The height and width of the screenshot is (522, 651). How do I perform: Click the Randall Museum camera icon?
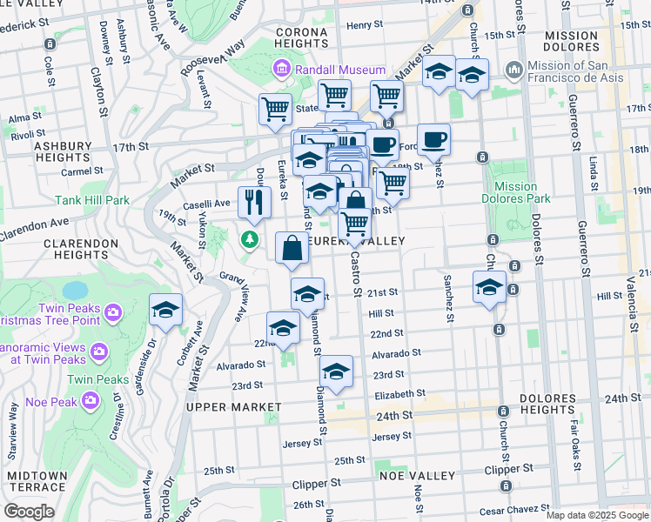coord(282,70)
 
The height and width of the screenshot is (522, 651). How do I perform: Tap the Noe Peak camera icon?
coord(90,399)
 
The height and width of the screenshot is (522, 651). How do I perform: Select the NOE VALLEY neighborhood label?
coord(422,476)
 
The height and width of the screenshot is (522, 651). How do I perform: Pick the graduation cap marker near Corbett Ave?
coord(165,311)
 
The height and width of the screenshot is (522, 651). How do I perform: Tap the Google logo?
coord(29,511)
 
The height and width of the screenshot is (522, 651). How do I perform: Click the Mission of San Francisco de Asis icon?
coord(513,68)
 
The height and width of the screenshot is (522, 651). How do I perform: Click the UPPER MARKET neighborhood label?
coord(232,406)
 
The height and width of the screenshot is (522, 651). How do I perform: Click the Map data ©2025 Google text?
coord(597,515)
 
